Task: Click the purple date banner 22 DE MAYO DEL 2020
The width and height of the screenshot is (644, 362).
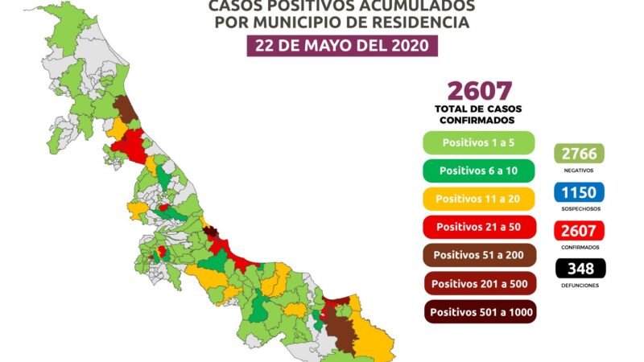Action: tap(341, 44)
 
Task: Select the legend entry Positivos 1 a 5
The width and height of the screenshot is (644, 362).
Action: tap(480, 142)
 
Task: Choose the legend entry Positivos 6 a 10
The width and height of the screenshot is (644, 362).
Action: tap(480, 170)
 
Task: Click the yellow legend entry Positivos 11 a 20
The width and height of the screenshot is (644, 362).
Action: tap(480, 198)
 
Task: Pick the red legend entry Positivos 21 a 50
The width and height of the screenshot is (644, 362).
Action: tap(480, 226)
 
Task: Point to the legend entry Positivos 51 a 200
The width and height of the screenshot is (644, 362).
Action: tap(480, 255)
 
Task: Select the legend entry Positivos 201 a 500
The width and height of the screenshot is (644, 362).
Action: tap(480, 283)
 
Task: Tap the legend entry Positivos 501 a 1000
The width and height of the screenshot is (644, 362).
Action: tap(480, 311)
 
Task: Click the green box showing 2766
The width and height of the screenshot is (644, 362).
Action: tap(579, 154)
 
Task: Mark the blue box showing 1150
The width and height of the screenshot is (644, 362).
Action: tap(579, 192)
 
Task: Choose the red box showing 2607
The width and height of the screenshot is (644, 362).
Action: tap(579, 231)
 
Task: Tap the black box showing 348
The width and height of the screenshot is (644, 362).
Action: tap(579, 269)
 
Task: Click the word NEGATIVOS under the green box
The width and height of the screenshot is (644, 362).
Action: tap(579, 171)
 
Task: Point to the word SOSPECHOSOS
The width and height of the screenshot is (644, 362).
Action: tap(579, 209)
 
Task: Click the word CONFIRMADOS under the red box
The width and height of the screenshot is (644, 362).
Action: tap(579, 247)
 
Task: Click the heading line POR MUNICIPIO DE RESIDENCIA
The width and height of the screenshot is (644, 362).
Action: tap(341, 22)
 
